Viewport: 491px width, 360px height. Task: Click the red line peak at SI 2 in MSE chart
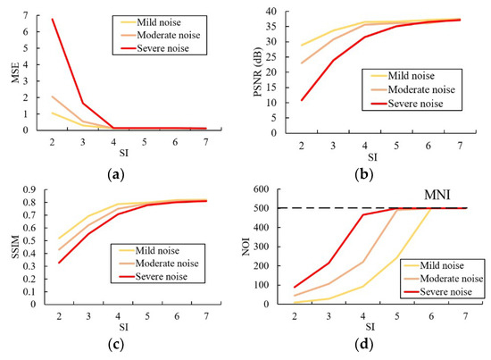[x=52, y=20]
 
